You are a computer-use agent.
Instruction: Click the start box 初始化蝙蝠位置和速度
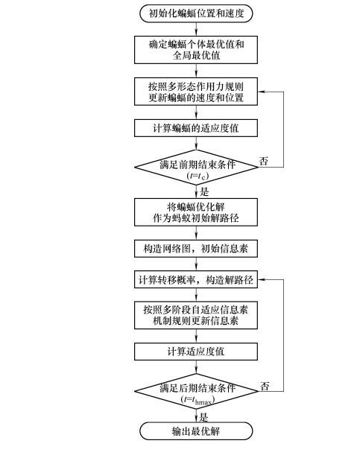(196, 13)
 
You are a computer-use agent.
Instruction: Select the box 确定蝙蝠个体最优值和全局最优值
(196, 50)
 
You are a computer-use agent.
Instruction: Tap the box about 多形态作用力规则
(196, 92)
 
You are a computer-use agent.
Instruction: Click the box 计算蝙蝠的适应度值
(196, 128)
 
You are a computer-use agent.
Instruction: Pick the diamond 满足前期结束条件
(196, 168)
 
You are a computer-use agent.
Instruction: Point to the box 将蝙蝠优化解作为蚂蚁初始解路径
(196, 212)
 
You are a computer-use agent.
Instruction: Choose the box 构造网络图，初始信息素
(196, 249)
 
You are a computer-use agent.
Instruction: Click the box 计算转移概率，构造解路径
(196, 279)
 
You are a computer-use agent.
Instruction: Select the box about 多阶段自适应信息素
(196, 315)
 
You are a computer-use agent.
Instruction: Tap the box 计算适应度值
(196, 352)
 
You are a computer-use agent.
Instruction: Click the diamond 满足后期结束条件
(196, 391)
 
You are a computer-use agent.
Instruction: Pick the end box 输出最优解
(196, 430)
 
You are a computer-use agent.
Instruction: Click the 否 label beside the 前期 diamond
(264, 161)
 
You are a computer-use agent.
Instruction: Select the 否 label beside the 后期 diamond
(265, 386)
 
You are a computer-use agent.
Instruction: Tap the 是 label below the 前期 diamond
(204, 191)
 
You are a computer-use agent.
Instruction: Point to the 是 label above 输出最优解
(203, 417)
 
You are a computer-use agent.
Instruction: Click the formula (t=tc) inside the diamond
(198, 176)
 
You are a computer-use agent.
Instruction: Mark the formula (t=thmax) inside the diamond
(198, 400)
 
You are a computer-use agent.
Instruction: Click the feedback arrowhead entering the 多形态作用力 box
(261, 92)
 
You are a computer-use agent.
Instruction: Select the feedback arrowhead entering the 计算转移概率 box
(261, 279)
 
